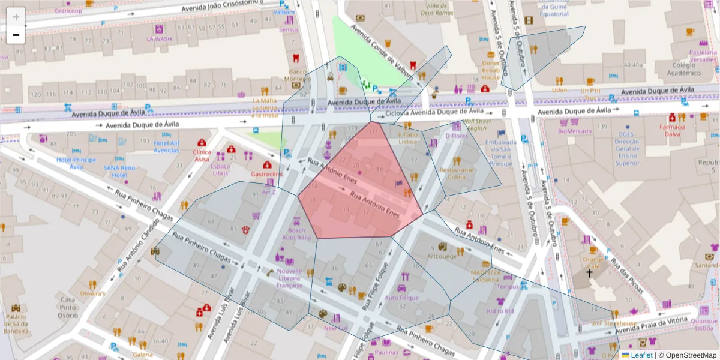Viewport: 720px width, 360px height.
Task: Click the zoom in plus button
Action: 16,16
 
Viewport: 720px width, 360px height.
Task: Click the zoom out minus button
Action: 16,35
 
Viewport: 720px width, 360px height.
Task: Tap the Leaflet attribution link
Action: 641,355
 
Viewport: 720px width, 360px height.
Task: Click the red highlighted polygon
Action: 360,186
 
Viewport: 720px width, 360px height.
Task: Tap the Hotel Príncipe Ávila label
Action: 76,163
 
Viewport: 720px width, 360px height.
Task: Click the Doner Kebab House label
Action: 491,70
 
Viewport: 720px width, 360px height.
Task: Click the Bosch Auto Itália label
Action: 296,234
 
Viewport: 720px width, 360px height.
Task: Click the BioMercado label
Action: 574,131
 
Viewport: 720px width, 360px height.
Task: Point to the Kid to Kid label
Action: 500,311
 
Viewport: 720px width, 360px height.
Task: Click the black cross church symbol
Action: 589,274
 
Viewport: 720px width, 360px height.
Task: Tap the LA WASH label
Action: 159,39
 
